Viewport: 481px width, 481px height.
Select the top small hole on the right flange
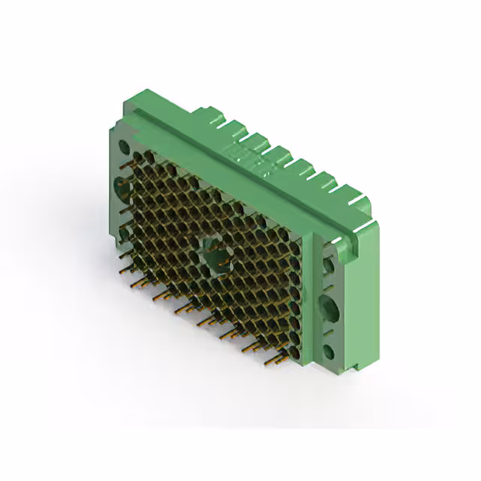coord(328,265)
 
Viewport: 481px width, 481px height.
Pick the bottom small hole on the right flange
coord(329,350)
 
